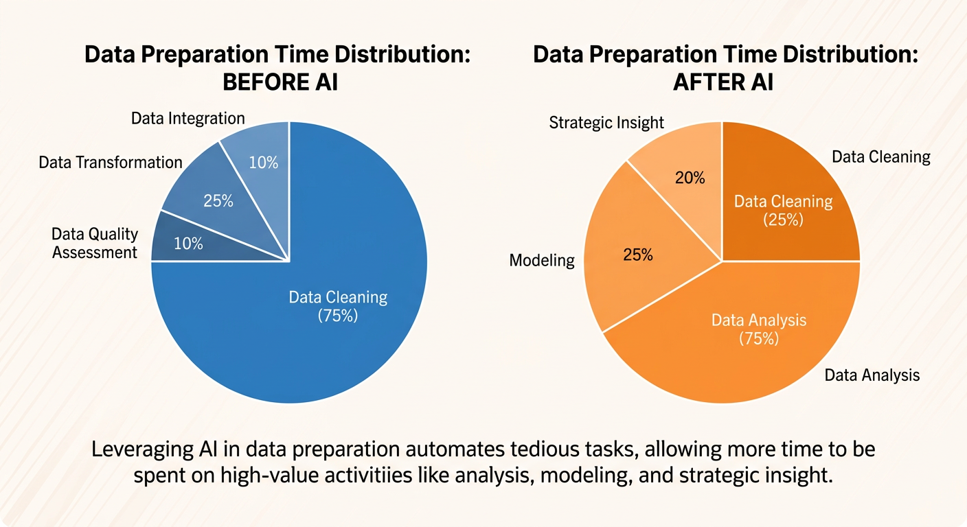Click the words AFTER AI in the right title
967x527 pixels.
723,82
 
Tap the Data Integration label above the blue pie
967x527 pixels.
187,119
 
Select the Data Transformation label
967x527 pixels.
111,163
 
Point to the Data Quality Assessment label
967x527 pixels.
95,244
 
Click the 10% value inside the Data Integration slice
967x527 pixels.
263,163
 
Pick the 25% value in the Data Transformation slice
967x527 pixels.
218,201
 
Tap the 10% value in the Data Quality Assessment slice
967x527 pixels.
187,243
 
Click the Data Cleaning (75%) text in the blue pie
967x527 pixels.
338,306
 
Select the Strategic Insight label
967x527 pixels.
606,123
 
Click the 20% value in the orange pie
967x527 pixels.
690,178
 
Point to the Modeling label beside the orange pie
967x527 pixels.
542,260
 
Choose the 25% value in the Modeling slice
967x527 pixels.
638,255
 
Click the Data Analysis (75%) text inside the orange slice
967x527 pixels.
759,329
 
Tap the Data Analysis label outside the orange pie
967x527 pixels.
872,375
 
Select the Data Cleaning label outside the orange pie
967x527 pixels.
880,157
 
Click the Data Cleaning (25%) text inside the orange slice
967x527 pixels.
783,211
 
